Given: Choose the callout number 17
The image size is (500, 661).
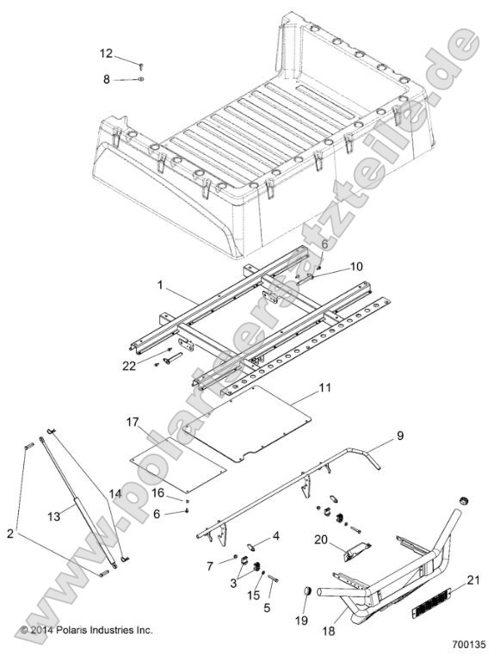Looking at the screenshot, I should (133, 422).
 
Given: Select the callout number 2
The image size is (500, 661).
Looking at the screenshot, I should (9, 534).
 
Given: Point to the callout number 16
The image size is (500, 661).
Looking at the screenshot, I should (157, 492).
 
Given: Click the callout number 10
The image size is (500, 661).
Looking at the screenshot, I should (333, 267).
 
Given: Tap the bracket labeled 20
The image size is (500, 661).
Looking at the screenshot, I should (353, 550).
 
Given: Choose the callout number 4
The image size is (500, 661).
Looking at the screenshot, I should (275, 536).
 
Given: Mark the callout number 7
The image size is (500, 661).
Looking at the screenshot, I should (210, 565).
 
